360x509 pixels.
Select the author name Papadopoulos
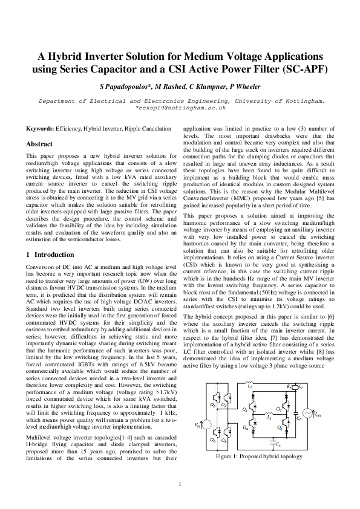click(135, 86)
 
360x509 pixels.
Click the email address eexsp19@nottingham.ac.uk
click(181, 107)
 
